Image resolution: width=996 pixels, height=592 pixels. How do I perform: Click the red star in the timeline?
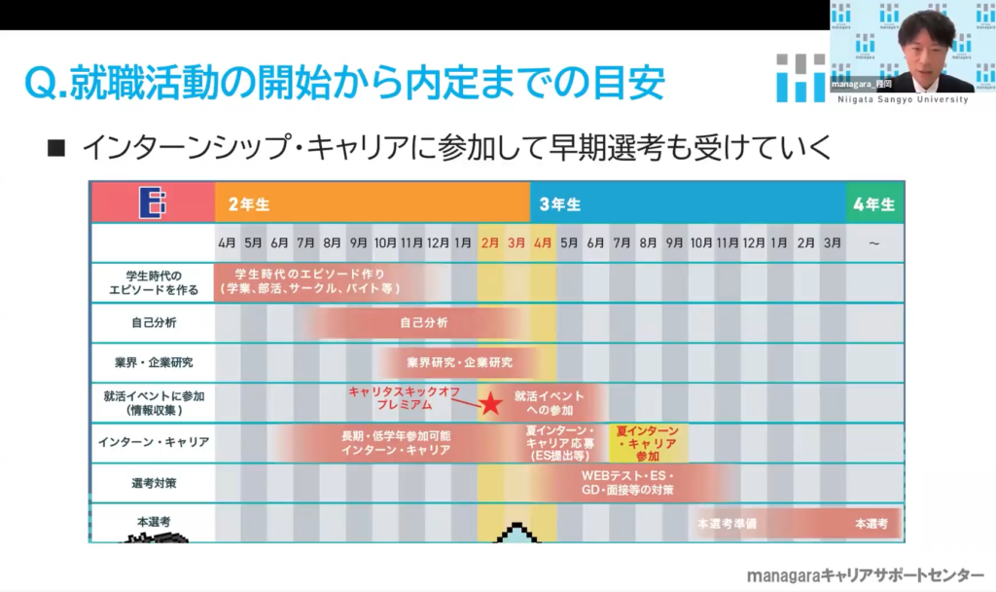coord(492,401)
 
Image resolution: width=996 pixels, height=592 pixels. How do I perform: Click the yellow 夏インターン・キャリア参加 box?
coord(648,442)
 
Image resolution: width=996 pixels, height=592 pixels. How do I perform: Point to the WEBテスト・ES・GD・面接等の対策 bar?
coord(627,482)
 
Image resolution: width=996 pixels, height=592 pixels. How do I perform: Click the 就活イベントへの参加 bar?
coord(550,402)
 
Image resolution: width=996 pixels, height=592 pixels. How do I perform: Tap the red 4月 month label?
coord(543,242)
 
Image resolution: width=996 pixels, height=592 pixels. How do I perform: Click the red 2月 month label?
coord(490,242)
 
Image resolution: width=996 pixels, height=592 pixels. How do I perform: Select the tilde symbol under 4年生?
coord(873,242)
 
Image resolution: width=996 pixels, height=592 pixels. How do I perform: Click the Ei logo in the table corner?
coord(153,203)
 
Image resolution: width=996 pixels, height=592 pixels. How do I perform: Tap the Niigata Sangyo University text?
coord(911,99)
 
